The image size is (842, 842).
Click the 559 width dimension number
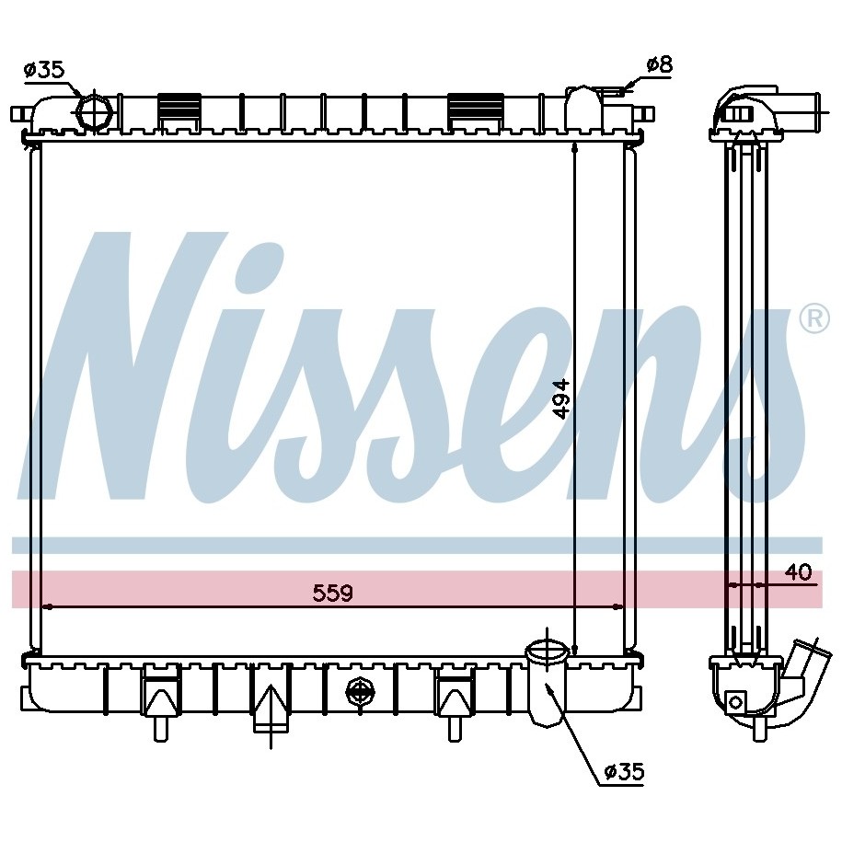(x=332, y=593)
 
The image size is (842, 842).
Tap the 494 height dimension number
(x=562, y=398)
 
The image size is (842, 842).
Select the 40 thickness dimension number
(x=798, y=572)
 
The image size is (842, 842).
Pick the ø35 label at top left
(x=43, y=70)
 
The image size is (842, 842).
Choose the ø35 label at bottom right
(x=623, y=772)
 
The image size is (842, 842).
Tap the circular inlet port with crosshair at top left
(x=95, y=111)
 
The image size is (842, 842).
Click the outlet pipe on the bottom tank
(x=547, y=684)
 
